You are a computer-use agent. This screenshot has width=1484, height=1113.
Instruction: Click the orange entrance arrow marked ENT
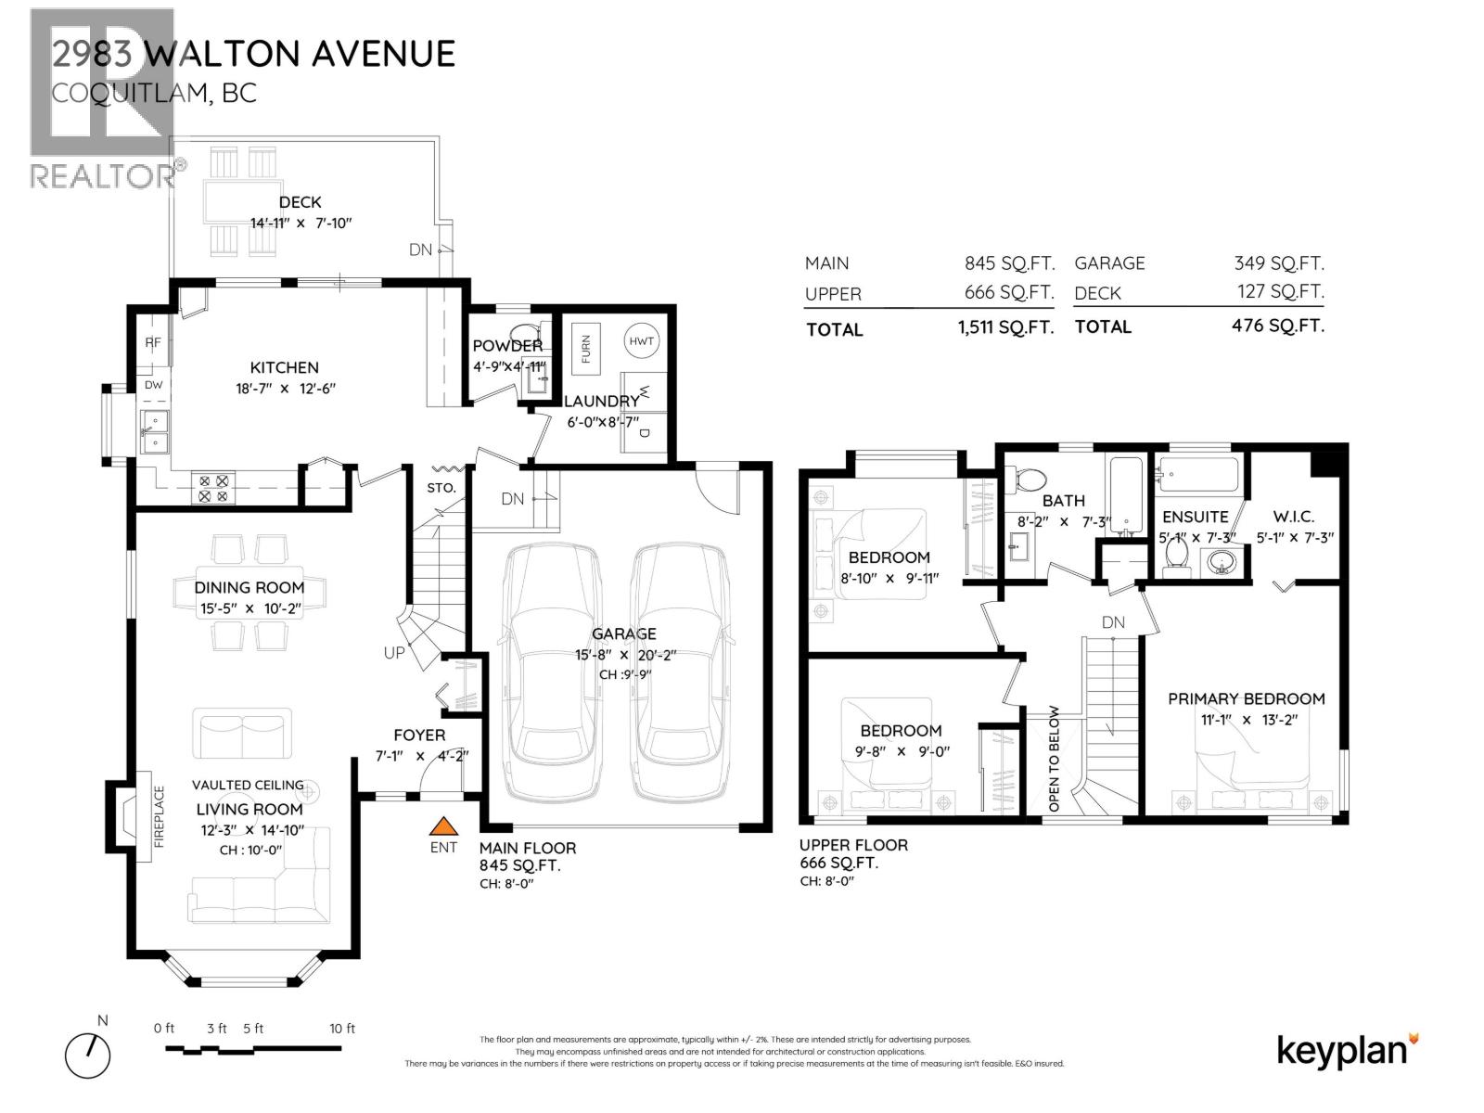444,826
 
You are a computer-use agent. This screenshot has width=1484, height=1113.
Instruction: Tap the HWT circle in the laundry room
641,341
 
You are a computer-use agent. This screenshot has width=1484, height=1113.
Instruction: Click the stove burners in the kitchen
214,489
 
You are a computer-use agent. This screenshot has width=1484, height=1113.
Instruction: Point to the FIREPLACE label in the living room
159,817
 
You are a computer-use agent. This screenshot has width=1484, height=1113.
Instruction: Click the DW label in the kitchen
153,385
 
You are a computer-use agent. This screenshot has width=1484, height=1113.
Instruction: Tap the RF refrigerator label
153,342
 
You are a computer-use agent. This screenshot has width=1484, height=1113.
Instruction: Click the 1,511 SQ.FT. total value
1005,327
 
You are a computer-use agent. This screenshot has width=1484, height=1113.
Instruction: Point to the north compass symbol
88,1055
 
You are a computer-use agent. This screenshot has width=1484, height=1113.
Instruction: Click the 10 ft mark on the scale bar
342,1029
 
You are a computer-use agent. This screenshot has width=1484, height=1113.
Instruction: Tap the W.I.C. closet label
1293,517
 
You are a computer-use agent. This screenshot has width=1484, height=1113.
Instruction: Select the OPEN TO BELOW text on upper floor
1054,760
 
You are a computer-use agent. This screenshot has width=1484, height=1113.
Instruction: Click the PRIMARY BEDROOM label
1246,698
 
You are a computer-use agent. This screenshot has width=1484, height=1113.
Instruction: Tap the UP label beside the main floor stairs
394,653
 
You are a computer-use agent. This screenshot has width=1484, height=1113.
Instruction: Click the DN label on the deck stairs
420,249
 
